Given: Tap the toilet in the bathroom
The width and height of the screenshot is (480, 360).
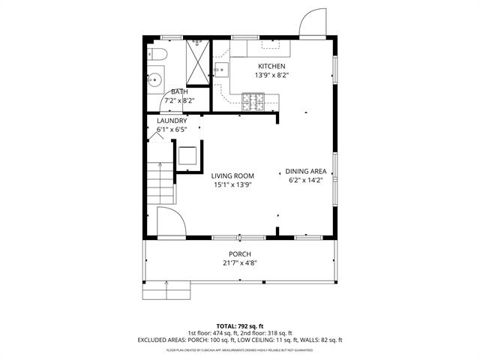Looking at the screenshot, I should coord(155,53).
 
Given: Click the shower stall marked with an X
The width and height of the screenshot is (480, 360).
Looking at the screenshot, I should coord(198,61).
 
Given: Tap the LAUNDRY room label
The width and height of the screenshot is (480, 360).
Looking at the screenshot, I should coord(171,121).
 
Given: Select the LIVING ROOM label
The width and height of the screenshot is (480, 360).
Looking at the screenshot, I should coord(232,175).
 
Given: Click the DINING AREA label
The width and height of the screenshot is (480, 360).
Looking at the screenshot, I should coord(305,172).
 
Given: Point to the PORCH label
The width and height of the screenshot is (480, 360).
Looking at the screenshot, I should coord(240,254).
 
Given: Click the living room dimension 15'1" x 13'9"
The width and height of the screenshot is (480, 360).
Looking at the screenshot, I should coord(232,184).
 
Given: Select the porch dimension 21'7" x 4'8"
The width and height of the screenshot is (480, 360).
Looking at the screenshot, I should coord(240,263).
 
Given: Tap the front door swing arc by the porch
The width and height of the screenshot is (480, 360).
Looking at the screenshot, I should coord(170,223).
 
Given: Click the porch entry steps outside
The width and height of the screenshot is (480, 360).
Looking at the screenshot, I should coord(166,289).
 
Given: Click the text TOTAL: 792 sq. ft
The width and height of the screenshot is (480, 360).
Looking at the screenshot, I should coord(240,325).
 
